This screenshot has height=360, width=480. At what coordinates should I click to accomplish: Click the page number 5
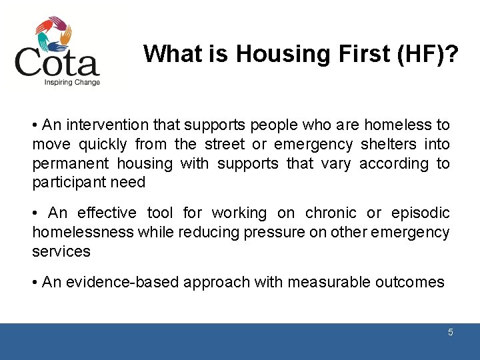(451, 332)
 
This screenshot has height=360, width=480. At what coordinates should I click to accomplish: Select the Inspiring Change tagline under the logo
(72, 83)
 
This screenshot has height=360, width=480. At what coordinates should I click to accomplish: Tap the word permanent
(71, 163)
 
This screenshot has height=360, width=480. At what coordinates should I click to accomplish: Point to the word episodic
(420, 213)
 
